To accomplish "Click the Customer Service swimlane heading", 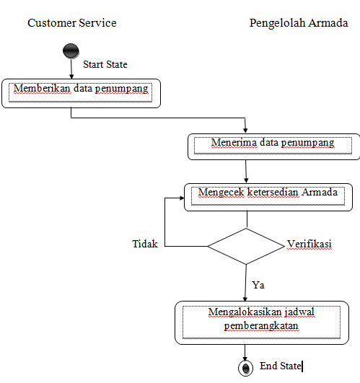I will click(x=71, y=23).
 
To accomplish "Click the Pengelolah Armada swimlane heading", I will click(x=299, y=23).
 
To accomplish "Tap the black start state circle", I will click(x=71, y=52).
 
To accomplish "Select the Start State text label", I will click(x=105, y=65).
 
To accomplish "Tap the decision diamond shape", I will click(x=245, y=246).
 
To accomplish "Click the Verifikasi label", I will click(x=309, y=244).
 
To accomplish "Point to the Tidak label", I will click(x=144, y=244).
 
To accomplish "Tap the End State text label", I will click(x=280, y=366).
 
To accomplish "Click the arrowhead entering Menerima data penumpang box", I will click(x=246, y=131).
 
